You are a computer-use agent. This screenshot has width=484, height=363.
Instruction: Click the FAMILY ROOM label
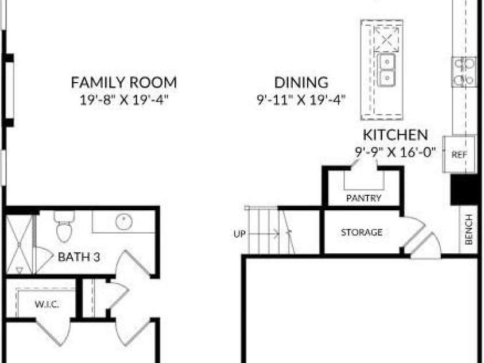[124, 82]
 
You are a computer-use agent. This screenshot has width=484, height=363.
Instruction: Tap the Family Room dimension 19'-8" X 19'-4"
[124, 100]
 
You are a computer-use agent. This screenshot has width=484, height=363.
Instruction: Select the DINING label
[301, 82]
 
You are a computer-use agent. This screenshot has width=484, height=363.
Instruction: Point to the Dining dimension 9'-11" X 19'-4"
[301, 100]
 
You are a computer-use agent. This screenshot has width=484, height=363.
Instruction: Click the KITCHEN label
[396, 134]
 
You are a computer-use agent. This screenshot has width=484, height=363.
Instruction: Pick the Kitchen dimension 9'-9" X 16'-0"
[396, 152]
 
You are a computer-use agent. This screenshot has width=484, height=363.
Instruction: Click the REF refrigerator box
[459, 154]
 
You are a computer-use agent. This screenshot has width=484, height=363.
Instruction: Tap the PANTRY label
[363, 198]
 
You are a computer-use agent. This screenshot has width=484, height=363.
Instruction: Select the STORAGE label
[362, 232]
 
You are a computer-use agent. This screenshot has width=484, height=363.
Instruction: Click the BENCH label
[468, 229]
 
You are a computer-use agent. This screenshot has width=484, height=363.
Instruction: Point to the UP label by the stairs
[239, 234]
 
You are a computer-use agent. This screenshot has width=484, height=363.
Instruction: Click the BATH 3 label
[79, 257]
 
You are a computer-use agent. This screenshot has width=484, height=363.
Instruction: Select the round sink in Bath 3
[124, 222]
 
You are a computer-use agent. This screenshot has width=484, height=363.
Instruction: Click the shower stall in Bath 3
[19, 245]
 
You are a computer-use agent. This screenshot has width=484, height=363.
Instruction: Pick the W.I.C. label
[47, 304]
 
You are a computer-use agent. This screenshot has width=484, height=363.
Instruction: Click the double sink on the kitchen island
[386, 69]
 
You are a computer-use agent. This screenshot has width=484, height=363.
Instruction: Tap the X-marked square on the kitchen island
[386, 39]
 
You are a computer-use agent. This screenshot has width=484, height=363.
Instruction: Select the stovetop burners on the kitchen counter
[464, 72]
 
